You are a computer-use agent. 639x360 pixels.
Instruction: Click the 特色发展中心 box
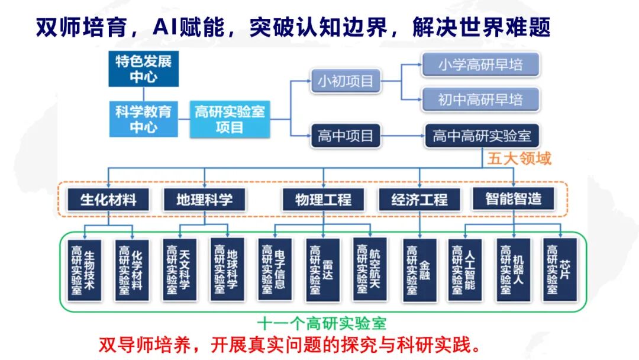143,69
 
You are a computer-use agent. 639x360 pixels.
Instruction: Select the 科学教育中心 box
143,120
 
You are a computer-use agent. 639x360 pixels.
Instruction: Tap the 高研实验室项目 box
230,120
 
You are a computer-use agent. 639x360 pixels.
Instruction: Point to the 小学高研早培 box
480,65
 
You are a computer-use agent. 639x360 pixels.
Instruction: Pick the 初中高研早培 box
480,99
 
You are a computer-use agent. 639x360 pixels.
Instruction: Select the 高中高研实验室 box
482,136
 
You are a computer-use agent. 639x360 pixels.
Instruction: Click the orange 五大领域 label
519,159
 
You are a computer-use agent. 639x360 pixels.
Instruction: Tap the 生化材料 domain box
108,199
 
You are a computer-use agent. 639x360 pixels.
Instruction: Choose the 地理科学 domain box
204,199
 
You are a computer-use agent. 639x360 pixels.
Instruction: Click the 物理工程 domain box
323,199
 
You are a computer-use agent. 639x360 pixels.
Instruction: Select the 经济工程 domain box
419,199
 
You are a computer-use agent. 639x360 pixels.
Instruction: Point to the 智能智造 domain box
513,198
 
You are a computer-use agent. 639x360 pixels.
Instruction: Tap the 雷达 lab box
322,269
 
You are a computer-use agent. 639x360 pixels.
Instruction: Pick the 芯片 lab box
559,269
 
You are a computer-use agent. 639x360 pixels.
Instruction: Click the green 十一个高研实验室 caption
322,323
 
